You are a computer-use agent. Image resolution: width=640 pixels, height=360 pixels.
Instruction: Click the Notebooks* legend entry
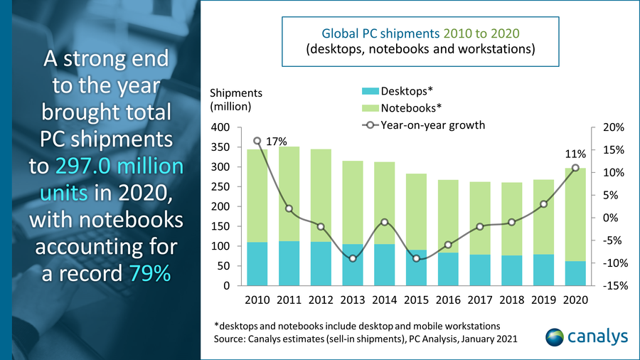[x=410, y=108]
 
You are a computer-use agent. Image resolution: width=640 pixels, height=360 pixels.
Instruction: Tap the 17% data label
[x=276, y=142]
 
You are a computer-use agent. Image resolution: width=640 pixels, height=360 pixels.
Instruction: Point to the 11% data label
[x=575, y=153]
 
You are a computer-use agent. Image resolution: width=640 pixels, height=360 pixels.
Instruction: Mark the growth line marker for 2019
[x=543, y=204]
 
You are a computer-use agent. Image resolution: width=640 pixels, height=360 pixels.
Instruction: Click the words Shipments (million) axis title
[x=235, y=100]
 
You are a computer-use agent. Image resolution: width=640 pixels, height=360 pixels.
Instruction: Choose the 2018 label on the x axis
[x=511, y=300]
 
